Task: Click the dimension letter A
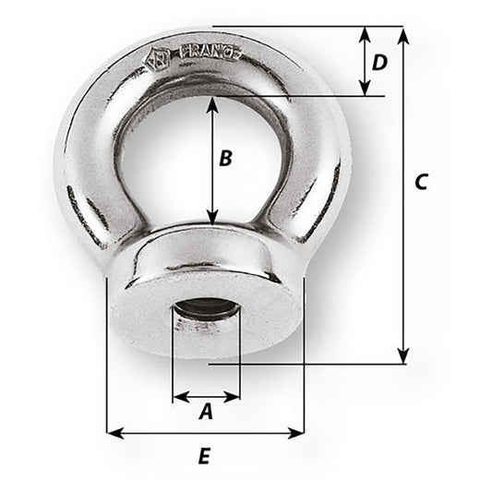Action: point(206,413)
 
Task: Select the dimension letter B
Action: point(225,158)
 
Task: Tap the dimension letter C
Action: point(419,183)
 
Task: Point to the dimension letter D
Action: point(378,63)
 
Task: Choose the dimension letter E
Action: point(205,455)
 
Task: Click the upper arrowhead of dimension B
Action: point(213,103)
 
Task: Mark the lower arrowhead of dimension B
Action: point(213,219)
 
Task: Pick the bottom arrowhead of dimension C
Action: point(402,356)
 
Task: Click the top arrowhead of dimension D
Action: point(366,33)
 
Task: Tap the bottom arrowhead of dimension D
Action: point(366,89)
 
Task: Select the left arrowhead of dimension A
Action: point(179,398)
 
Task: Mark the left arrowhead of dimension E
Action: point(114,431)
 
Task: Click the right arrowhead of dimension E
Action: point(297,431)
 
